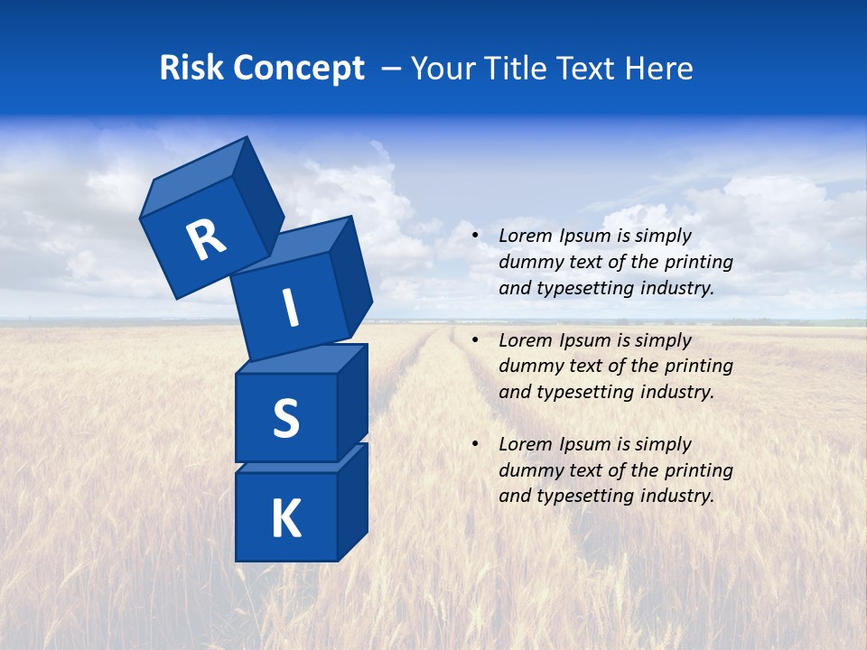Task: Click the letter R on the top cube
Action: [206, 240]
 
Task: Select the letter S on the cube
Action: [285, 418]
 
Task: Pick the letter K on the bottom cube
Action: [285, 519]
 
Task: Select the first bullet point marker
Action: [475, 237]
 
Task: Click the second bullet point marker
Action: [475, 340]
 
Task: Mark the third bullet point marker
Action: [475, 444]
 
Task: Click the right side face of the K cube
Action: [352, 501]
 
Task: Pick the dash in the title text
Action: [392, 69]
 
